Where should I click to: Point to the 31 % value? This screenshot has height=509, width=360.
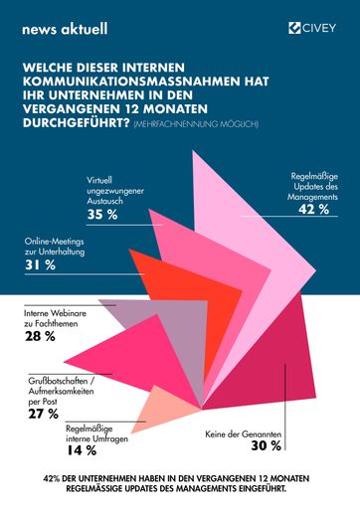pos(42,264)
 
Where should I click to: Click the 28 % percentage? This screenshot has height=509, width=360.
pos(41,338)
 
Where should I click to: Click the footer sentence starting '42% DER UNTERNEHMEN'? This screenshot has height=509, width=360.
pos(180,481)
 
